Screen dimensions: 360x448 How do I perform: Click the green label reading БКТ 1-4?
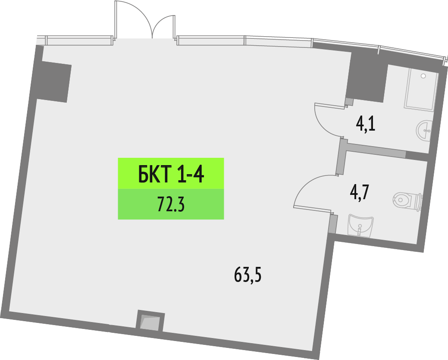click(171, 173)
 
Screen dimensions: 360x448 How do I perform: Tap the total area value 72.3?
click(171, 205)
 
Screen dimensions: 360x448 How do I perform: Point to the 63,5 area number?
click(248, 274)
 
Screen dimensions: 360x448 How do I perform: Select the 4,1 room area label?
click(366, 125)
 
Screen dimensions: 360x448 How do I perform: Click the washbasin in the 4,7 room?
click(360, 225)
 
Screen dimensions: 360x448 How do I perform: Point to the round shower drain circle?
click(423, 76)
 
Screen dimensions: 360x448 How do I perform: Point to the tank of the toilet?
click(418, 201)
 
